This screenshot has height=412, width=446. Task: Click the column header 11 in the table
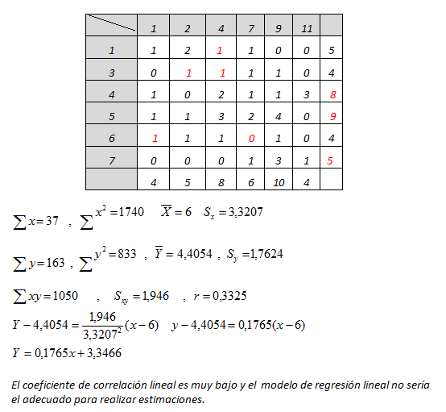[307, 28]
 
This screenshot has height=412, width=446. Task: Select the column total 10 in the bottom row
[279, 183]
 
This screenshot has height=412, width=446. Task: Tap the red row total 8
[332, 94]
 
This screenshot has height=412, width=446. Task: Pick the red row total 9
[332, 116]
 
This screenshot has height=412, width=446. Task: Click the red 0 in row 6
[251, 139]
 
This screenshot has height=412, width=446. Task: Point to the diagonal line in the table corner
[111, 23]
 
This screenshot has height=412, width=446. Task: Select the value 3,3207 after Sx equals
[246, 212]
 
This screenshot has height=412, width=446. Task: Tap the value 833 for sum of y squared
[127, 254]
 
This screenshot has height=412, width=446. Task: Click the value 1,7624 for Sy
[266, 254]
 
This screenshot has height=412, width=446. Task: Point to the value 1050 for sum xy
[65, 296]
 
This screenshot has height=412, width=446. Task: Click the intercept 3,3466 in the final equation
[104, 353]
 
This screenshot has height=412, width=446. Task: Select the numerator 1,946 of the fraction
[102, 317]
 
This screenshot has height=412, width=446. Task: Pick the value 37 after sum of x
[52, 221]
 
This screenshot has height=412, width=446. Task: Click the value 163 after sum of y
[56, 263]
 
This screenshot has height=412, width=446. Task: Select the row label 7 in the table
[112, 161]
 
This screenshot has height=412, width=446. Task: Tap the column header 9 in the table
[279, 28]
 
